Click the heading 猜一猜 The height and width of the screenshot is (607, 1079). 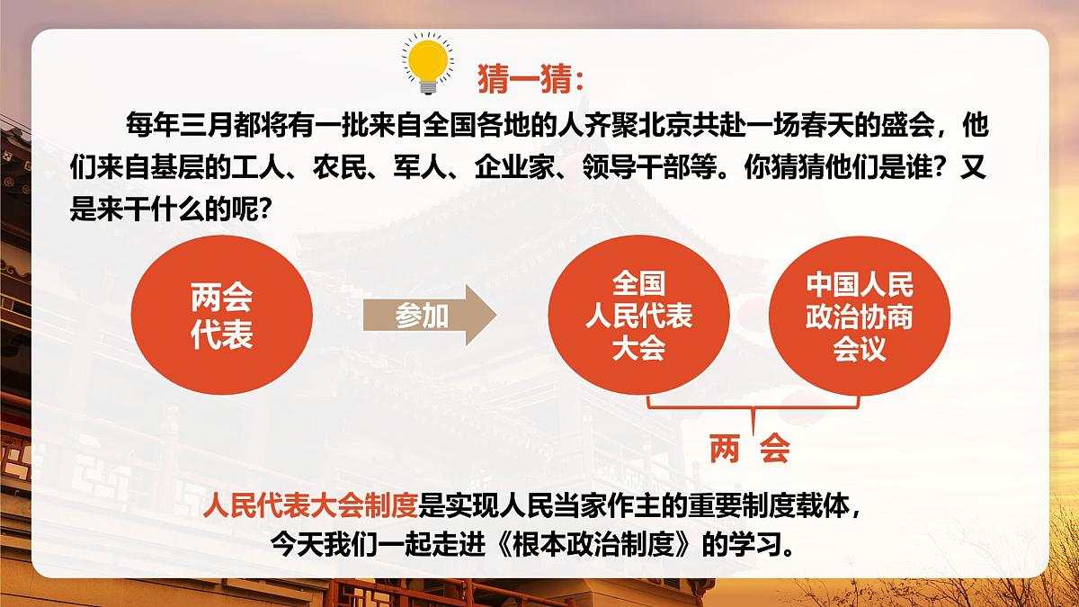[531, 78]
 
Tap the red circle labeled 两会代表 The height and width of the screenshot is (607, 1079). [221, 315]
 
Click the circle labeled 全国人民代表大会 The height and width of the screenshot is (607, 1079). [638, 317]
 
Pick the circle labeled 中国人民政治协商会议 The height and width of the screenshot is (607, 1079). [859, 317]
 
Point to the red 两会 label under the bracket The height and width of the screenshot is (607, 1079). [748, 447]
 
